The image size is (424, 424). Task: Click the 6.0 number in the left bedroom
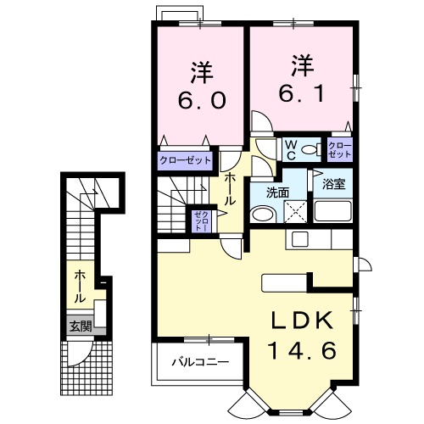pos(202,100)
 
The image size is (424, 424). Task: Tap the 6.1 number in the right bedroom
pos(302,93)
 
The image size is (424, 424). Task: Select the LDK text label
pos(302,321)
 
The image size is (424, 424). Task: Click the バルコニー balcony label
pos(200,361)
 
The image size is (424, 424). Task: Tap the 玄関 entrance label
pos(81,327)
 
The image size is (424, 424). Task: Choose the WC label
pos(291,150)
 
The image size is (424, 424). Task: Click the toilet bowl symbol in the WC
pos(311,149)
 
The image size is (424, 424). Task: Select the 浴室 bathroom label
pos(334,184)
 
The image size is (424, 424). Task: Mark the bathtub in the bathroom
pos(333,211)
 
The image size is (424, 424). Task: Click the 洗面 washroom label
pos(277,192)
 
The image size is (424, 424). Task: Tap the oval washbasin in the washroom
pos(263,215)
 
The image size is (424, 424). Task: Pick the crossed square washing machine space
pos(295,211)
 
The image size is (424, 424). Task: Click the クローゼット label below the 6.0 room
pos(186,160)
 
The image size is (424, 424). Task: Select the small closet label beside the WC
pos(340,150)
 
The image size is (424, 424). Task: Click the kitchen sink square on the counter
pos(299,239)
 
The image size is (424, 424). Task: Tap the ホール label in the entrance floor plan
pos(80,287)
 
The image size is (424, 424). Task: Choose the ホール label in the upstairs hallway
pos(230,189)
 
